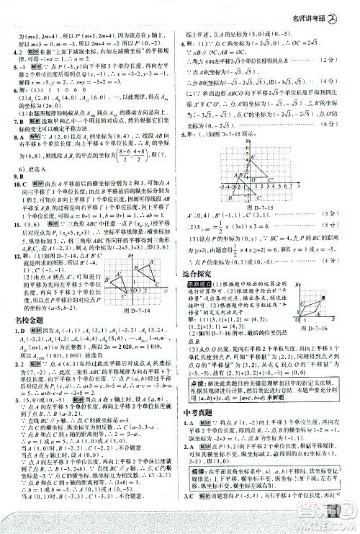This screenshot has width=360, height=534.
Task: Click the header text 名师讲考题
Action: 318,8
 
